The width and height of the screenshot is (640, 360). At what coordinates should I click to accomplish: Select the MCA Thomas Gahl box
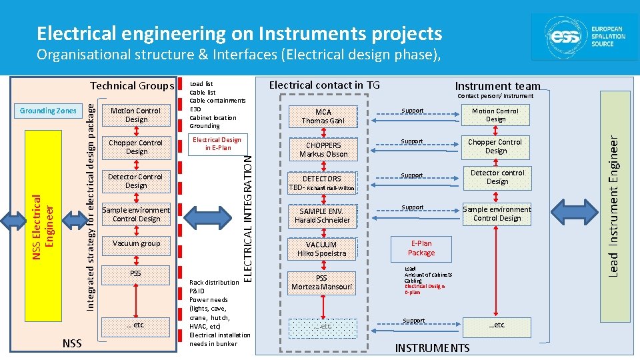(x=323, y=116)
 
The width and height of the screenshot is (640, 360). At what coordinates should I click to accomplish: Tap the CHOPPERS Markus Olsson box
(x=323, y=149)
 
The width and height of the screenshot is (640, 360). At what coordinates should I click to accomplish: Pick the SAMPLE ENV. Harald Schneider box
(x=323, y=215)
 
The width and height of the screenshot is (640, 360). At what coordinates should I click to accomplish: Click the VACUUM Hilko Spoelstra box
(x=323, y=249)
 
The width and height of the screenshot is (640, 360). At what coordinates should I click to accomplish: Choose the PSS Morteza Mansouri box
(x=323, y=283)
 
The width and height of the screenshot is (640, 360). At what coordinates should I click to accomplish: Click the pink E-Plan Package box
(x=421, y=248)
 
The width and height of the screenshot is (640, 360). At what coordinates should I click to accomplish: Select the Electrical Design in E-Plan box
(x=216, y=143)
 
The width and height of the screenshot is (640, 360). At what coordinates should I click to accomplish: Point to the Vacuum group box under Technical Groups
(x=136, y=244)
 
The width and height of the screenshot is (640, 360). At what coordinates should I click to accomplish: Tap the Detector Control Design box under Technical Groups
(x=136, y=181)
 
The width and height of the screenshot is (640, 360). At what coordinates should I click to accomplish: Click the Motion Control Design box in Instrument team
(x=495, y=115)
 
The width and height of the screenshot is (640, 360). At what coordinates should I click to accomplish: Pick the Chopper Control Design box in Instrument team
(x=495, y=147)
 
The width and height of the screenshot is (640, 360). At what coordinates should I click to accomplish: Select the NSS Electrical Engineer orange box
(x=46, y=218)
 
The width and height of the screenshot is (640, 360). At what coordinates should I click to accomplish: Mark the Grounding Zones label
(x=48, y=111)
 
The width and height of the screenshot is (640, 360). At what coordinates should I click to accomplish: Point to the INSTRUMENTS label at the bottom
(x=432, y=348)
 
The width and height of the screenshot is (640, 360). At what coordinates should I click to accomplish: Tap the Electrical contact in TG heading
(x=323, y=85)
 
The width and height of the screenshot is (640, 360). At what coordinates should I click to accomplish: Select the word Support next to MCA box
(x=413, y=111)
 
